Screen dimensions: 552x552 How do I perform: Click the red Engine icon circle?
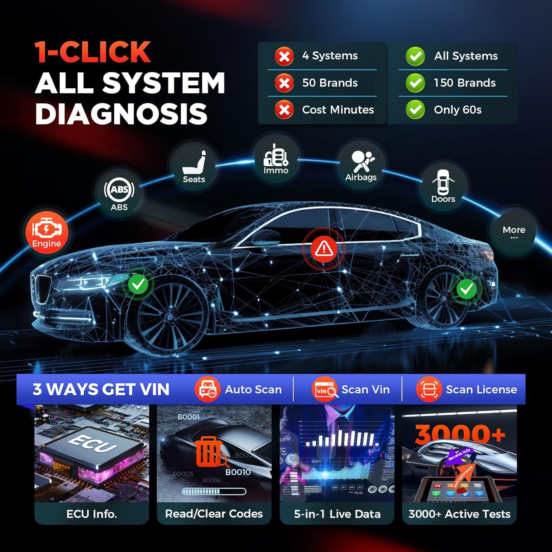coord(47,232)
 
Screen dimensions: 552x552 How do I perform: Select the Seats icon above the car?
coord(194,167)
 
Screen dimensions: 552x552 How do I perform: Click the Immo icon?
coord(276,159)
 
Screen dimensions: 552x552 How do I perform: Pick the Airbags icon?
coord(361,166)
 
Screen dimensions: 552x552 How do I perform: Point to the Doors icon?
coord(443,186)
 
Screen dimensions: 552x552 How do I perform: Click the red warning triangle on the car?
coord(324,248)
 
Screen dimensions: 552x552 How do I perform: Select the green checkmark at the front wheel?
coord(138,284)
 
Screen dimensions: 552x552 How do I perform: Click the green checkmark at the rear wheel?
coord(467,289)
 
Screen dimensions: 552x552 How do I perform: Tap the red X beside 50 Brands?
coord(284,83)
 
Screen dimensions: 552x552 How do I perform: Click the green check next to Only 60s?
coord(415,110)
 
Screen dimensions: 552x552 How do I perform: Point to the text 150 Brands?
coord(465,83)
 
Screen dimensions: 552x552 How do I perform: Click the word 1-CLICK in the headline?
coord(93,52)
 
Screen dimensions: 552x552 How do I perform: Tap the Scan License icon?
coord(429,389)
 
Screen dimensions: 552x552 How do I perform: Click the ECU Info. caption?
coord(92,514)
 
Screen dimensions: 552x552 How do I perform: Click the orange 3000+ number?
coord(460,434)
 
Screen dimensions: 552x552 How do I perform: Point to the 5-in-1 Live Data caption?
coord(337,514)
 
